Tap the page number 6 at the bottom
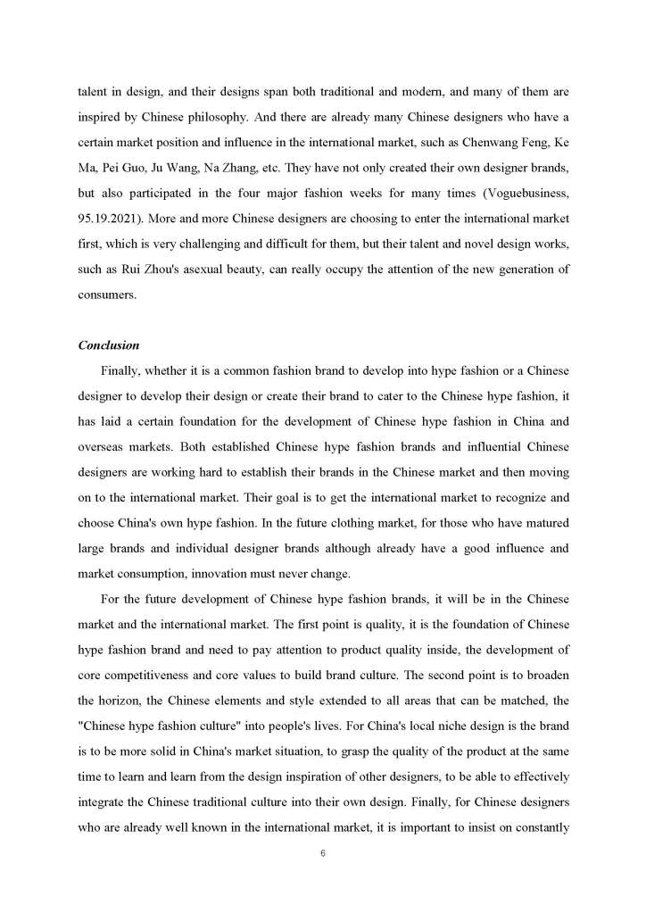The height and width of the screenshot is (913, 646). (x=322, y=853)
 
